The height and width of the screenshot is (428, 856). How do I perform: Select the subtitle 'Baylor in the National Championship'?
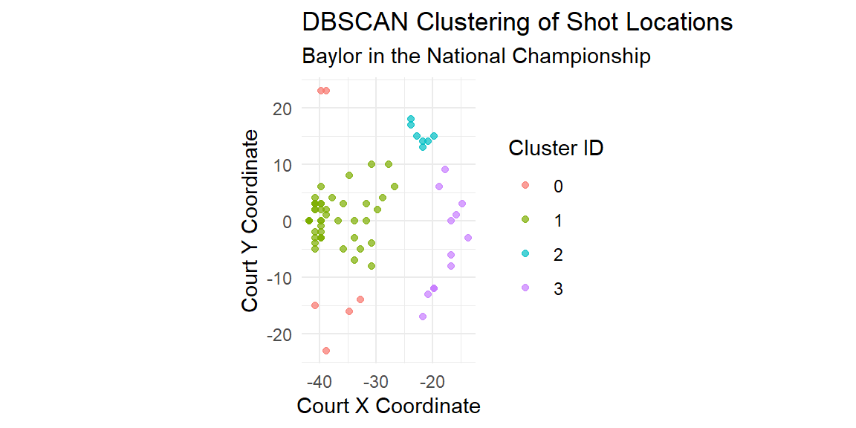(x=476, y=56)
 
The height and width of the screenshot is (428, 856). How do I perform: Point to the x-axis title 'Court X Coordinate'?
(x=388, y=406)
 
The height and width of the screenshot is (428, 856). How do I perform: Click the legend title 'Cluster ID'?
(x=555, y=148)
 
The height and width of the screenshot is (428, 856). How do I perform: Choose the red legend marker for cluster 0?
(x=525, y=185)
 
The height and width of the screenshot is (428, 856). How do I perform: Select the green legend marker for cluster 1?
(x=525, y=219)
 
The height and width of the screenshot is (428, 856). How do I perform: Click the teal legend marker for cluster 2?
(x=525, y=253)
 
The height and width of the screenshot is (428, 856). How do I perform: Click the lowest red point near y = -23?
(x=326, y=351)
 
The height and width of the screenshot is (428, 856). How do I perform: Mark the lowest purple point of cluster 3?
(x=423, y=317)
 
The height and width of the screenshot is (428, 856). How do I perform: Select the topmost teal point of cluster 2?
(x=411, y=119)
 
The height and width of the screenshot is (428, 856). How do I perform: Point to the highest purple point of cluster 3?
(x=445, y=169)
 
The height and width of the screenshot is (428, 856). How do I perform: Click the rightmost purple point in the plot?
(x=468, y=238)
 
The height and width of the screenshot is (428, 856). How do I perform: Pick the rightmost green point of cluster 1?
(x=394, y=187)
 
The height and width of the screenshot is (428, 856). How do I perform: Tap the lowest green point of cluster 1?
(x=372, y=266)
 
